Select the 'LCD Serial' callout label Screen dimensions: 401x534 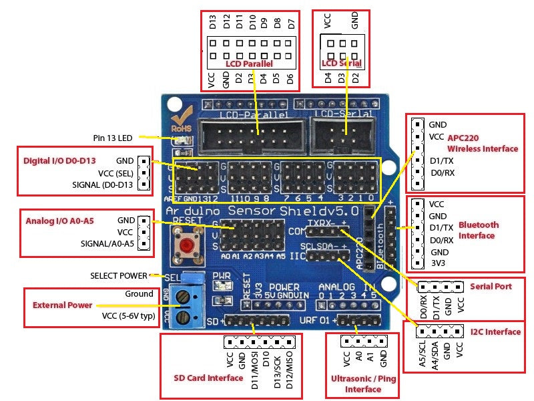pos(342,63)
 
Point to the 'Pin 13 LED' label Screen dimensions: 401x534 pos(113,138)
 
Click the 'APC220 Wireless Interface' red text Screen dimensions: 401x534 pos(482,143)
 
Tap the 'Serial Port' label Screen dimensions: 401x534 pos(491,286)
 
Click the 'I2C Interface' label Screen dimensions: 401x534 pos(495,331)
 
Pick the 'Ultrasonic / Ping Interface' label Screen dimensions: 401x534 pos(363,383)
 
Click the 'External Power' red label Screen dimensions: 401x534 pos(63,305)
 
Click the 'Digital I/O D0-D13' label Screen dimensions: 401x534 pos(59,161)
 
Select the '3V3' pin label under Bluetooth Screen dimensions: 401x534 pos(438,264)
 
